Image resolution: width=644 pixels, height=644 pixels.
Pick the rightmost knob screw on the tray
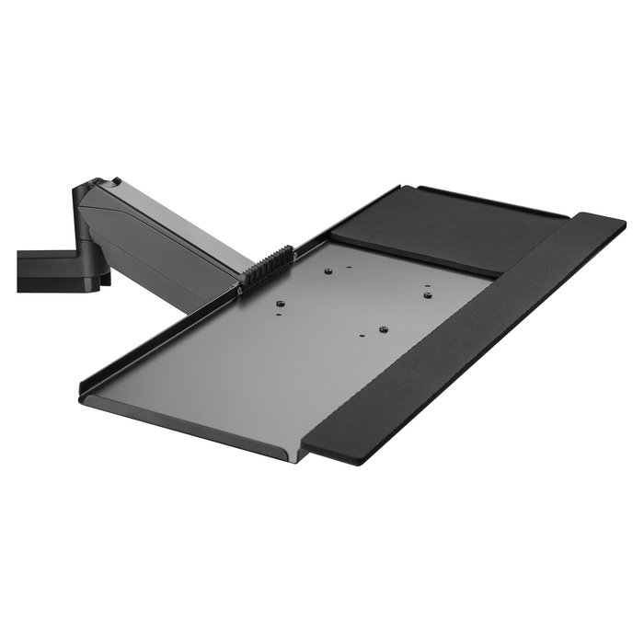pyautogui.click(x=428, y=295)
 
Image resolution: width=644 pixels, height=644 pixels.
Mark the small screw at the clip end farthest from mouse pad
pyautogui.click(x=241, y=291)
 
